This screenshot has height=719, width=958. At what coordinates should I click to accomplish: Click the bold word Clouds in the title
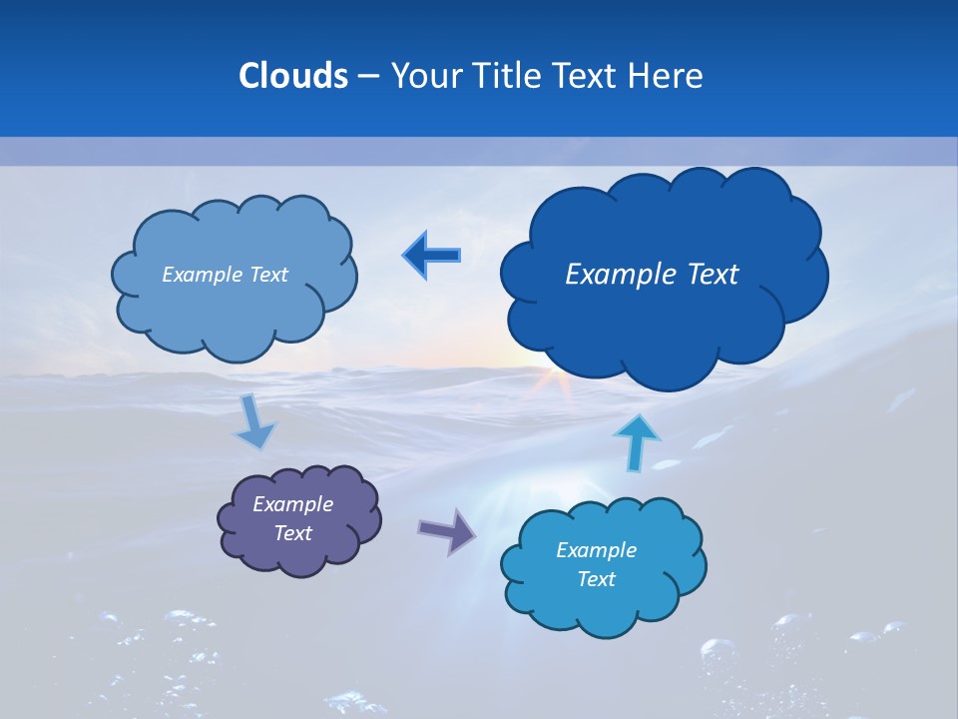click(x=292, y=76)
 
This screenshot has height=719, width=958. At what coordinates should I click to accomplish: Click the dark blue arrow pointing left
click(x=432, y=256)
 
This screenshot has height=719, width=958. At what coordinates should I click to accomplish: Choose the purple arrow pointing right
click(x=448, y=530)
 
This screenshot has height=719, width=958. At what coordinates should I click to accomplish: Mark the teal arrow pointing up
click(x=636, y=442)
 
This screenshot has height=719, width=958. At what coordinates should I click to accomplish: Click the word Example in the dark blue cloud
click(x=617, y=274)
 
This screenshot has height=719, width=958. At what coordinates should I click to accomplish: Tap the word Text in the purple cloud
click(x=293, y=533)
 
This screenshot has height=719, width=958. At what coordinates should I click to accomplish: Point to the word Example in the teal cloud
click(x=596, y=549)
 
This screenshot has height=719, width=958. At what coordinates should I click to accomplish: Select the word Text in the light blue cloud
click(x=266, y=275)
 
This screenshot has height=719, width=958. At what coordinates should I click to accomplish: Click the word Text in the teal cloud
click(x=596, y=579)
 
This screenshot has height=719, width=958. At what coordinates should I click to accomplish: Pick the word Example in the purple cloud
click(x=293, y=504)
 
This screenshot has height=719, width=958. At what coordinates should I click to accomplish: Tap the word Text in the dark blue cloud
click(x=711, y=274)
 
